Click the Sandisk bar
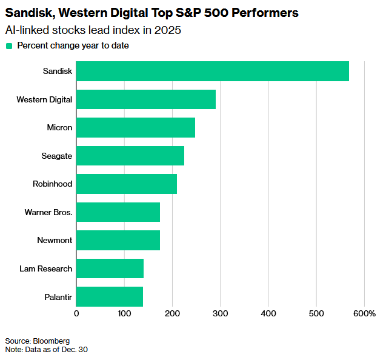[x=213, y=71]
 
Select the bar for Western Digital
[x=146, y=99]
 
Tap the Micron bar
[x=136, y=127]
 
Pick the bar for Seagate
[x=130, y=156]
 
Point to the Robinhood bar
[x=127, y=184]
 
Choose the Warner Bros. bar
[x=118, y=212]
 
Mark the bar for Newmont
[x=118, y=240]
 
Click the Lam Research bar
[x=110, y=268]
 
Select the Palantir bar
[x=110, y=296]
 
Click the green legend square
[x=9, y=45]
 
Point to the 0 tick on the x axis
[x=76, y=313]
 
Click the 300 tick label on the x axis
[x=221, y=313]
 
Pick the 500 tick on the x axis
[x=316, y=313]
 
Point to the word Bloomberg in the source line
[x=52, y=341]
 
